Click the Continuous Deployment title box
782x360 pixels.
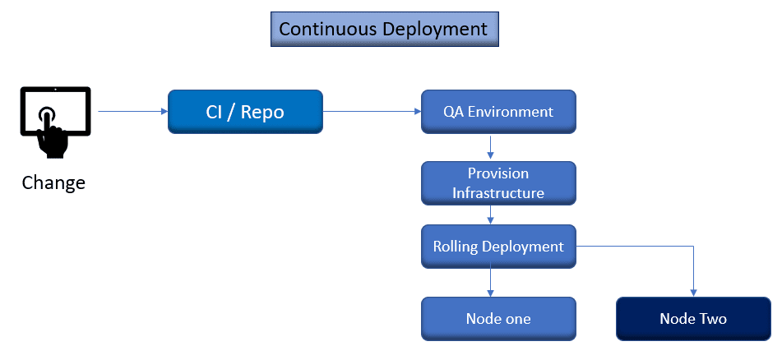[383, 29]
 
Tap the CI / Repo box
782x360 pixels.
[245, 112]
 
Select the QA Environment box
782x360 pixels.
[498, 112]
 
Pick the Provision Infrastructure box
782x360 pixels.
[498, 183]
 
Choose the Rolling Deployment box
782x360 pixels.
[498, 247]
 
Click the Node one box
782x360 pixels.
[498, 319]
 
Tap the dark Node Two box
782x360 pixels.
[693, 319]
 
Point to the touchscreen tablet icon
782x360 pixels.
[54, 122]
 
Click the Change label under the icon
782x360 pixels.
[53, 182]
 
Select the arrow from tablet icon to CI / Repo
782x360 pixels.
[132, 111]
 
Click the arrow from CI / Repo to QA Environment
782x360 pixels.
[372, 111]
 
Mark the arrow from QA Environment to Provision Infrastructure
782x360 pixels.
[491, 146]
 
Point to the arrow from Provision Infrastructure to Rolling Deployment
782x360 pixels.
[491, 215]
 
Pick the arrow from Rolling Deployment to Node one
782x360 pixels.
[491, 282]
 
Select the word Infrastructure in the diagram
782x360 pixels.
[498, 193]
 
